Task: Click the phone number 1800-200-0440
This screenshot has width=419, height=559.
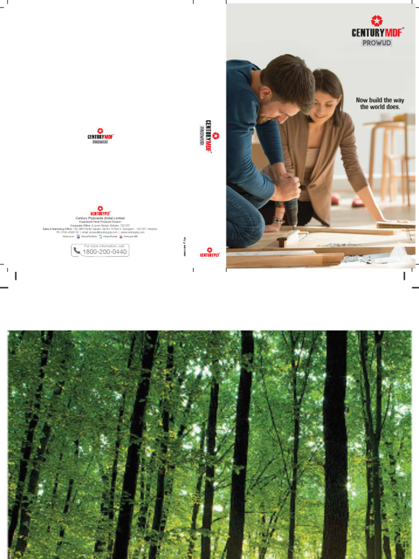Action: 105,252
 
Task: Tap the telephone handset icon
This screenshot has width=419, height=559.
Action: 76,251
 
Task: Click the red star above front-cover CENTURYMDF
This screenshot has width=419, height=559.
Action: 376,21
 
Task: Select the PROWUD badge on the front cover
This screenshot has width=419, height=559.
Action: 376,43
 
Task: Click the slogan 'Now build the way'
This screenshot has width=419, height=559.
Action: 380,100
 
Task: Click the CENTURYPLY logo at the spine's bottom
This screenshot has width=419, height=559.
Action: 209,252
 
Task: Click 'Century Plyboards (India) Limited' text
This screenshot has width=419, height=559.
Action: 100,218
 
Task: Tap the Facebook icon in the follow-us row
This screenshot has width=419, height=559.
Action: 78,237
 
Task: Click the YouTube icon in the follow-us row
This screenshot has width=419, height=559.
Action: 121,237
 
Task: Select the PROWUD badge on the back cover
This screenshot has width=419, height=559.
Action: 100,142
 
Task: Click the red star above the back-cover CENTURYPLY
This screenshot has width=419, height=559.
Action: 100,209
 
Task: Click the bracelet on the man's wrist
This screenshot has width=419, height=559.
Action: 278,221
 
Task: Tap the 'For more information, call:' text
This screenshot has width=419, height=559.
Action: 105,246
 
